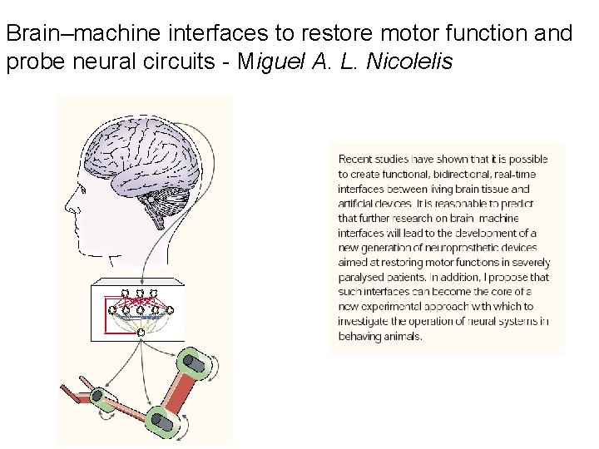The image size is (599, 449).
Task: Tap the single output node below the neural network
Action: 141,333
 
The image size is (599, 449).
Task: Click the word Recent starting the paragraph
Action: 355,159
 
